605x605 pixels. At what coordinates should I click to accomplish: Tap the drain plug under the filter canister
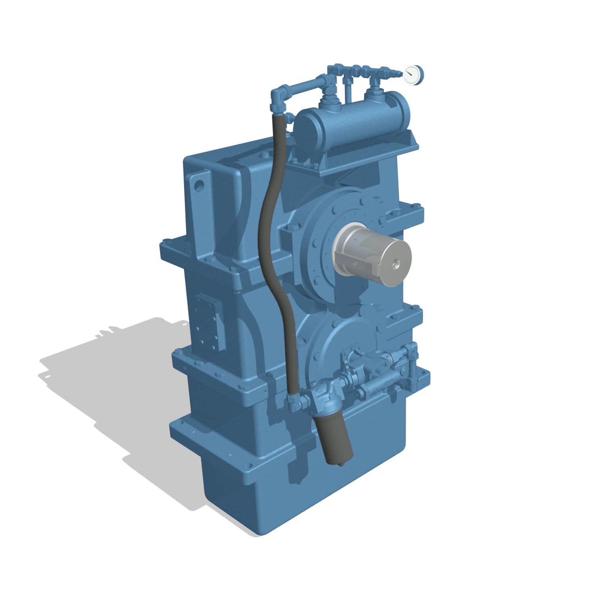tap(342, 465)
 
